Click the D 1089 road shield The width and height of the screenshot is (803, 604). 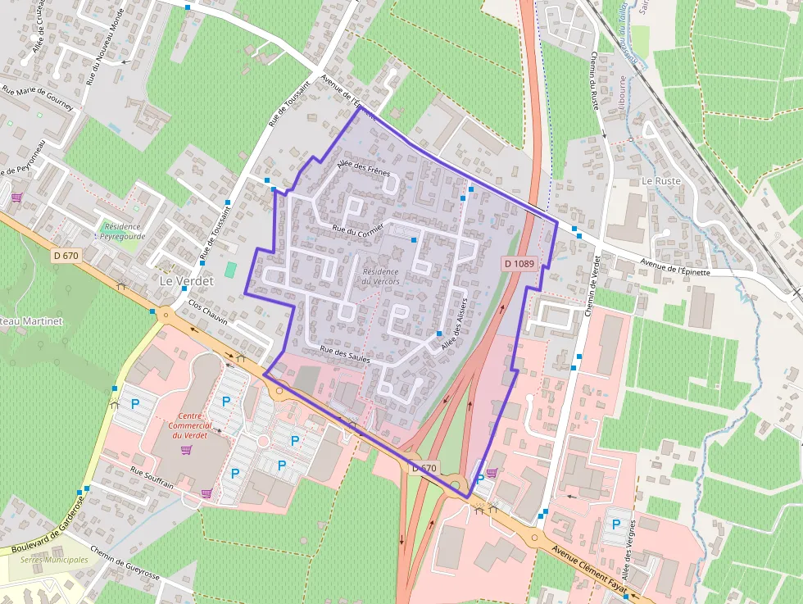coord(519,264)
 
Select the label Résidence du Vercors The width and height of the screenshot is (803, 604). coord(380,276)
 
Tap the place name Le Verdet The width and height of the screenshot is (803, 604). coord(185,281)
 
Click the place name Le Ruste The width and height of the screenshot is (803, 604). coord(662,180)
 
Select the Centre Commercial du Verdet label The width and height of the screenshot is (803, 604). coord(189,425)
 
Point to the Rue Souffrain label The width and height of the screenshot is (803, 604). coord(152,478)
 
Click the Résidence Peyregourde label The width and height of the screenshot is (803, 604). coord(120,232)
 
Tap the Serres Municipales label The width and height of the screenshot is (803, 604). coord(54,560)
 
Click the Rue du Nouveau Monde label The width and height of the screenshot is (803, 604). coord(104,46)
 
